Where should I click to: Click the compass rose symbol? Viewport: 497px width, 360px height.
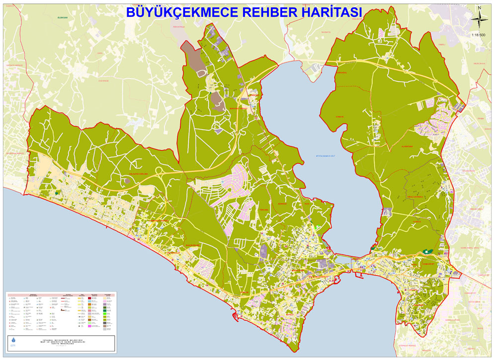pyautogui.click(x=479, y=21)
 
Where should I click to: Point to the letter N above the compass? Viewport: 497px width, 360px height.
pyautogui.click(x=479, y=7)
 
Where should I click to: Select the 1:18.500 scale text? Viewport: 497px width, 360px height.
pyautogui.click(x=479, y=35)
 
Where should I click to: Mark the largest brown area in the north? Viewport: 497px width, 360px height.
pyautogui.click(x=191, y=52)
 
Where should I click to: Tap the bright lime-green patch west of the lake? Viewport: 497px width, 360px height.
pyautogui.click(x=318, y=228)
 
